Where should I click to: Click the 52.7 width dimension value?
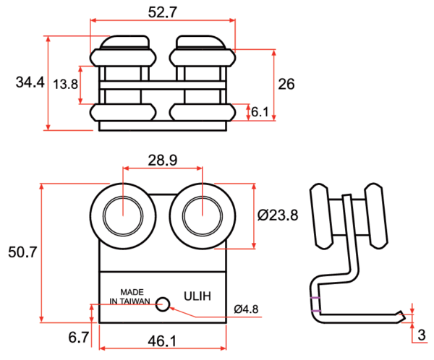[163, 12]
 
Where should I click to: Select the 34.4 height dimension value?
[29, 83]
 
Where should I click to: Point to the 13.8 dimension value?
[66, 84]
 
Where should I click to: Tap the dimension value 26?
[286, 84]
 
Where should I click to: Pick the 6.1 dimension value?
[260, 112]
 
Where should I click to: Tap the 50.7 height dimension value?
[22, 252]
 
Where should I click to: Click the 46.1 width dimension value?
[163, 340]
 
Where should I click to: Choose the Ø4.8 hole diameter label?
[246, 309]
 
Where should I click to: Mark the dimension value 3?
[422, 335]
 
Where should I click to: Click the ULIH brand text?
[197, 295]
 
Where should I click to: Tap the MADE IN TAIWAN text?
[129, 295]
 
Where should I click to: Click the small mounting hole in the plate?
[163, 304]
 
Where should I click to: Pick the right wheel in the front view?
[202, 215]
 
